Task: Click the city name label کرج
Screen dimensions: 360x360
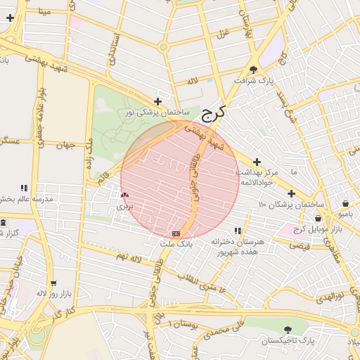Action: tap(214, 112)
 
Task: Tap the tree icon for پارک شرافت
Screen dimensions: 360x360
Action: tap(253, 69)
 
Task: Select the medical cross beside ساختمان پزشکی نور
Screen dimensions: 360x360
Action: tap(157, 101)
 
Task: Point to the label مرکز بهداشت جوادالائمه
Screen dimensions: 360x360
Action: tap(260, 176)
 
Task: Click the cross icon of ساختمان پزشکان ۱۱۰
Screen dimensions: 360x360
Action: tap(291, 193)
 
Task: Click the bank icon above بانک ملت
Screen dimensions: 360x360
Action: tap(176, 233)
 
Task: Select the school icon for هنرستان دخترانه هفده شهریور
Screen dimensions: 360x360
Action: tap(238, 230)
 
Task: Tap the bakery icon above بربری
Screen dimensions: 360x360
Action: tap(124, 195)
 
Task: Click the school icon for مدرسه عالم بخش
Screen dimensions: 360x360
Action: tap(23, 188)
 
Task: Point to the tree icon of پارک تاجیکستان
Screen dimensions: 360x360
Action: tap(288, 329)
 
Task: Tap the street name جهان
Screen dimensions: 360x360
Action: tap(66, 146)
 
